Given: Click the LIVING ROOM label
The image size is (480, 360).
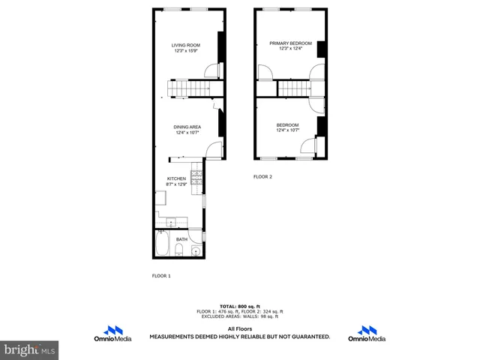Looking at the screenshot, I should click(185, 46).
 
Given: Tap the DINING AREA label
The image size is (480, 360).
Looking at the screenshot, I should click(187, 127).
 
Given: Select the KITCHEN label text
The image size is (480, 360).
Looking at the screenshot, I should click(176, 178).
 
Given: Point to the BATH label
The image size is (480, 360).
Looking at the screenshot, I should click(181, 241).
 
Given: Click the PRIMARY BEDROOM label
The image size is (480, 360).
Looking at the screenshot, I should click(291, 43).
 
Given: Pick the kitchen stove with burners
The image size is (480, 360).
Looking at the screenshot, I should click(196, 178).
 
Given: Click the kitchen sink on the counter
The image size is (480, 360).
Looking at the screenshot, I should click(170, 222).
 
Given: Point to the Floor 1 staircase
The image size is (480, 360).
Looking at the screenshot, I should click(187, 89).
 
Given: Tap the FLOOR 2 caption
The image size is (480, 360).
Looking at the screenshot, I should click(262, 177).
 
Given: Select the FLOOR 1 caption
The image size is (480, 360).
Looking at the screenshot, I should click(161, 276).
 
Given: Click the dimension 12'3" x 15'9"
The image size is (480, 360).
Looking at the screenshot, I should click(185, 52).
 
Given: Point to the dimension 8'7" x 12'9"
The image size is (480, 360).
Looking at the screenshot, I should click(176, 184).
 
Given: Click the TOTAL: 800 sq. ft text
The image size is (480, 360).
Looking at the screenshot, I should click(239, 307).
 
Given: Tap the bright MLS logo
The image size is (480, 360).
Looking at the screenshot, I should click(29, 350).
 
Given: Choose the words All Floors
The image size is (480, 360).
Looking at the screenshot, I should click(239, 329).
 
